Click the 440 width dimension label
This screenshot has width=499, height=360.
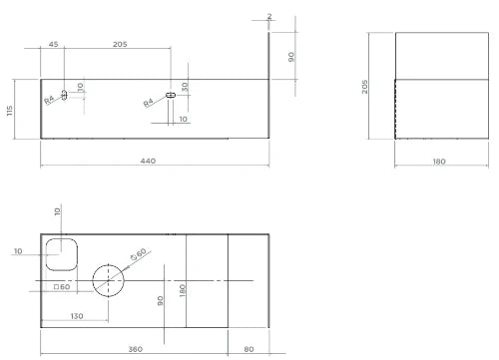[148, 161]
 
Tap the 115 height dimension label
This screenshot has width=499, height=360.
[10, 111]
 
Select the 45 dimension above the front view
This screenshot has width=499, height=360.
[53, 44]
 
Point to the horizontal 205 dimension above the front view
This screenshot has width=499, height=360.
[120, 44]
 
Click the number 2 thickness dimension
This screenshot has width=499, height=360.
[269, 16]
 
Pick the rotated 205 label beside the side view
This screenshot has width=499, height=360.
[365, 87]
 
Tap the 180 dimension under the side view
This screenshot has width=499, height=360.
[439, 162]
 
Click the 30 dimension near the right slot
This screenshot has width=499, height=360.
[185, 87]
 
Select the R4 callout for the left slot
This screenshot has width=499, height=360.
[49, 100]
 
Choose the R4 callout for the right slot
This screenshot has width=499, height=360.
[148, 103]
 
